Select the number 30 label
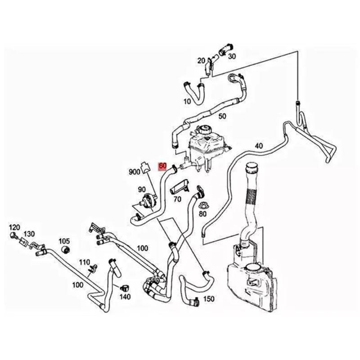pos(232,56)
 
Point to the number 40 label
pos(258,145)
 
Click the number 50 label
pos(222,117)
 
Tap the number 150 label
pos(209,299)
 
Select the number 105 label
pos(64,241)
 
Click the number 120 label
pos(15,226)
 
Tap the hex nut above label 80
pos(202,206)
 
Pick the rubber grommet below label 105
pos(66,249)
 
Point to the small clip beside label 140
pos(125,286)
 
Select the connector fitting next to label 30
pos(224,47)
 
